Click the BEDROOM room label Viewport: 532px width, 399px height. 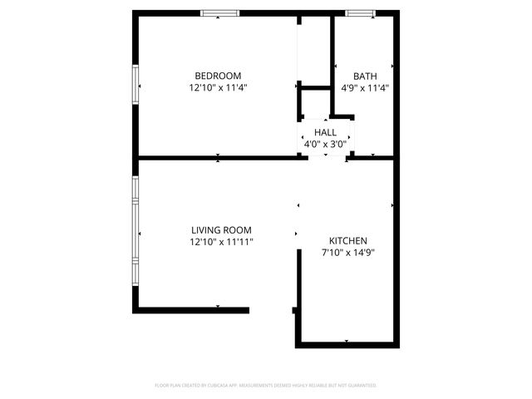[218, 75]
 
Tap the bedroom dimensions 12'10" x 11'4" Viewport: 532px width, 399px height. [218, 86]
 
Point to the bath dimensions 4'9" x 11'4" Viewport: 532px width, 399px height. [365, 86]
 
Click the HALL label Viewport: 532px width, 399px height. [325, 132]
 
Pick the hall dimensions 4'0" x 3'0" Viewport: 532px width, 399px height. [325, 144]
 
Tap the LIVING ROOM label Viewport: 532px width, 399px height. [221, 230]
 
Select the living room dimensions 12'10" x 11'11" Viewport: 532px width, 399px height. [221, 242]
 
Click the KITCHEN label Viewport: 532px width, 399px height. [347, 240]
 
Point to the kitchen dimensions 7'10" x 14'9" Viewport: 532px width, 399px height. [347, 252]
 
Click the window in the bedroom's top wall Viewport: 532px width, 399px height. [220, 12]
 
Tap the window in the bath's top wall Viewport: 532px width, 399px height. [360, 12]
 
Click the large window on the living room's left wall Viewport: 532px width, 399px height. [135, 230]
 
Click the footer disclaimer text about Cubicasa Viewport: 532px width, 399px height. [266, 386]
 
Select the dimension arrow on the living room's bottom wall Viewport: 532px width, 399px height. [218, 308]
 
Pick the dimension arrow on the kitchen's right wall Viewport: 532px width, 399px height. [392, 204]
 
